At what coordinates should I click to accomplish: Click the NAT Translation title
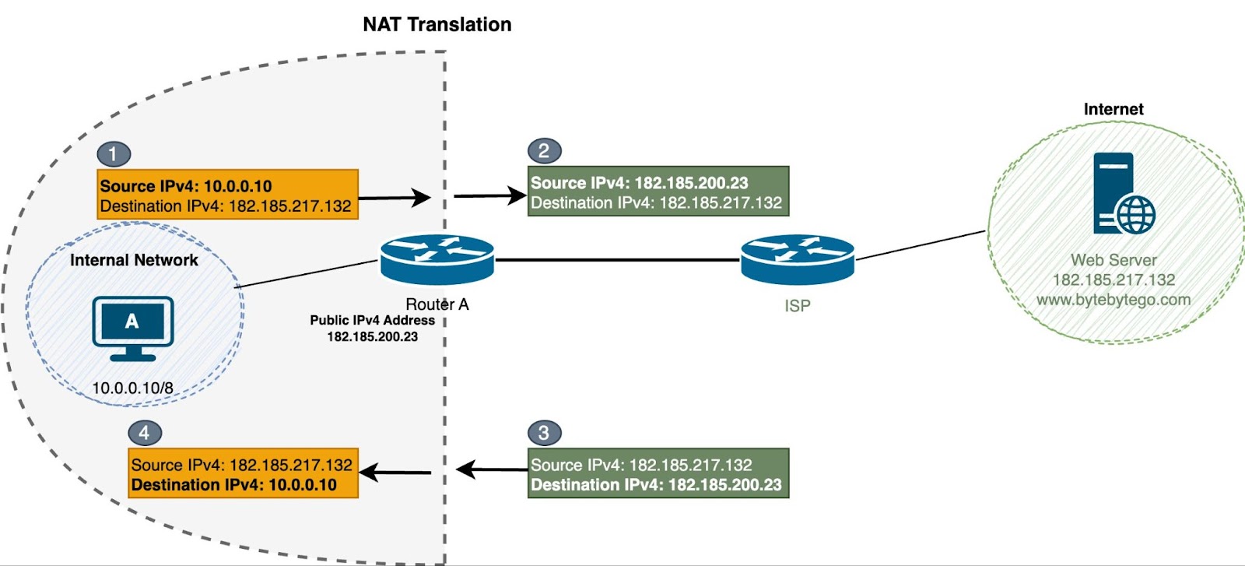pyautogui.click(x=437, y=25)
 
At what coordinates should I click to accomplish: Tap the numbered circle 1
pyautogui.click(x=114, y=154)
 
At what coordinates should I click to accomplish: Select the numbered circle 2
pyautogui.click(x=544, y=151)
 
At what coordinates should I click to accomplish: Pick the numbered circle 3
pyautogui.click(x=544, y=433)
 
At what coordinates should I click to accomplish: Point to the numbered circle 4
pyautogui.click(x=145, y=433)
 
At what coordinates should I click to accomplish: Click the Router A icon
pyautogui.click(x=437, y=259)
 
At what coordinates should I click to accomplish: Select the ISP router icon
pyautogui.click(x=798, y=259)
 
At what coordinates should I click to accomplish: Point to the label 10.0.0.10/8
pyautogui.click(x=132, y=388)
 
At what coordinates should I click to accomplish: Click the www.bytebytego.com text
pyautogui.click(x=1113, y=300)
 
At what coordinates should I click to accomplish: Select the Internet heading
pyautogui.click(x=1113, y=110)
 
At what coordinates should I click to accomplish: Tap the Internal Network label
pyautogui.click(x=134, y=260)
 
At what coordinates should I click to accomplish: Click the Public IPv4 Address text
pyautogui.click(x=372, y=320)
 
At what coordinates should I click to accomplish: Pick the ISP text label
pyautogui.click(x=798, y=306)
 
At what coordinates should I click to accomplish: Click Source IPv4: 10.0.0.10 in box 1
pyautogui.click(x=186, y=186)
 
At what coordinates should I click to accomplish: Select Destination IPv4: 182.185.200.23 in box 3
pyautogui.click(x=656, y=484)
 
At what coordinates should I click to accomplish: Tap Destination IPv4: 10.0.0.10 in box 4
pyautogui.click(x=233, y=484)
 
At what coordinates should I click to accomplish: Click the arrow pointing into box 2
pyautogui.click(x=490, y=195)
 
